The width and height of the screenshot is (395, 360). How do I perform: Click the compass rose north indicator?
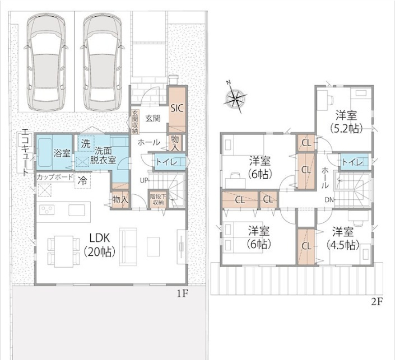[x=228, y=82]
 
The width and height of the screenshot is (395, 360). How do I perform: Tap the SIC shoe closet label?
[x=178, y=109]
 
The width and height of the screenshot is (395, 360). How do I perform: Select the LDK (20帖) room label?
[x=100, y=244]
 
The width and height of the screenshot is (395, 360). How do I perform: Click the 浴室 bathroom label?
[x=62, y=153]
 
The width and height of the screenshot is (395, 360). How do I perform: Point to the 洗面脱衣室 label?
[x=103, y=155]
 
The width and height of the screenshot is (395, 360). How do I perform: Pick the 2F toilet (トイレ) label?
[x=352, y=162]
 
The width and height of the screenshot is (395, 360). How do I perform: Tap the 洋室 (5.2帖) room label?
[x=346, y=123]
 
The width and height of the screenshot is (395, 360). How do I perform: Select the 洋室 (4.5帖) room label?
[x=343, y=238]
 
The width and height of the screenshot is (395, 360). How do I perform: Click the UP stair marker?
[x=144, y=180]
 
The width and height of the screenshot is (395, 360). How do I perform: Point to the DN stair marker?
[x=329, y=200]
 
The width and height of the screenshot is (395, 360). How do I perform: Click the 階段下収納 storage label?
[x=157, y=199]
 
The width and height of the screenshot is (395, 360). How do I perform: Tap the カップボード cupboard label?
[x=55, y=177]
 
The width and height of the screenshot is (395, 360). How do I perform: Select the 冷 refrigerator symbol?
[x=82, y=181]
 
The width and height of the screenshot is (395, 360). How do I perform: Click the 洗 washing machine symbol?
[x=86, y=144]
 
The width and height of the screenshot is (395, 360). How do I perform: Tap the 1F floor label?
[x=182, y=294]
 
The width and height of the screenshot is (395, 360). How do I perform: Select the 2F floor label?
[x=377, y=302]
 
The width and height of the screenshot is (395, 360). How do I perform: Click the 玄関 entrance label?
[x=153, y=118]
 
